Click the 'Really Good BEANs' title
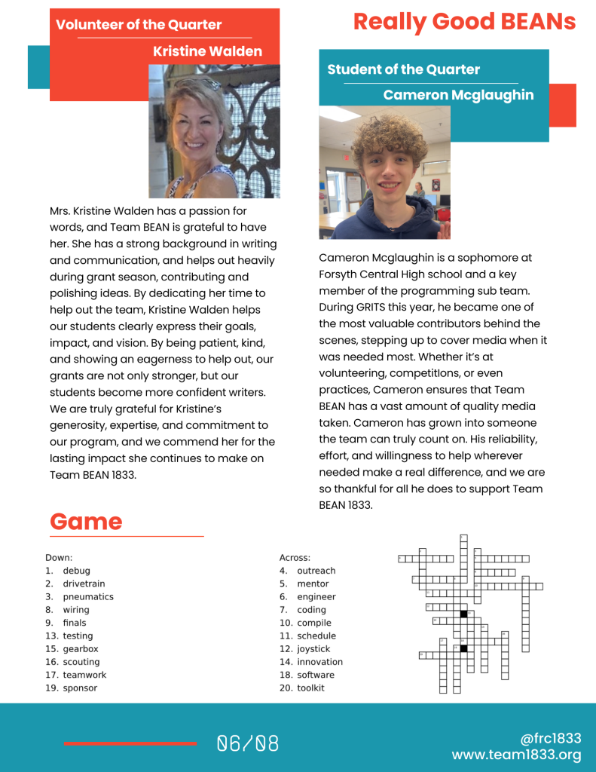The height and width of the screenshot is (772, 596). coord(464,22)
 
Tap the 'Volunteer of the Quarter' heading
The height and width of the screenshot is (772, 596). coord(139,24)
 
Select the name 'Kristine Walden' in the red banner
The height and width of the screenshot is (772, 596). coord(207,51)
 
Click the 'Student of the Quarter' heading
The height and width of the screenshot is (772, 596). coord(403,69)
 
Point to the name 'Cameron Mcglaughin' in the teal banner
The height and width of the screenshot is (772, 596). coord(458,95)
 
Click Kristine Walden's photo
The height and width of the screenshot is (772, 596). coord(214,131)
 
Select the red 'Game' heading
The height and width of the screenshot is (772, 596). coord(86,521)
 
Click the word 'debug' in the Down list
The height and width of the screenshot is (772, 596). coord(76,571)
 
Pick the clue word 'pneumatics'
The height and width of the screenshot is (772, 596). coord(88,596)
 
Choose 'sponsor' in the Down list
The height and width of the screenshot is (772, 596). coord(80,688)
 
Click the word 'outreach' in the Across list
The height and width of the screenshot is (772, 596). coord(316,571)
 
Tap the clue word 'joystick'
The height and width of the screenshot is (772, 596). coord(313,648)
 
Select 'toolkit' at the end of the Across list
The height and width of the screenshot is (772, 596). coord(310,688)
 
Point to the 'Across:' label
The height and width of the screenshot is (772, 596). coord(295,558)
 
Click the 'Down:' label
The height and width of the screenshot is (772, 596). coord(59,558)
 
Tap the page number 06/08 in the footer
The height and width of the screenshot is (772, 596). coord(248,744)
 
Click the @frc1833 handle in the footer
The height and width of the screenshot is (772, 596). coord(550,739)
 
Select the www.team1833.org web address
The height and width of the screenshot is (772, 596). coord(516,755)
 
